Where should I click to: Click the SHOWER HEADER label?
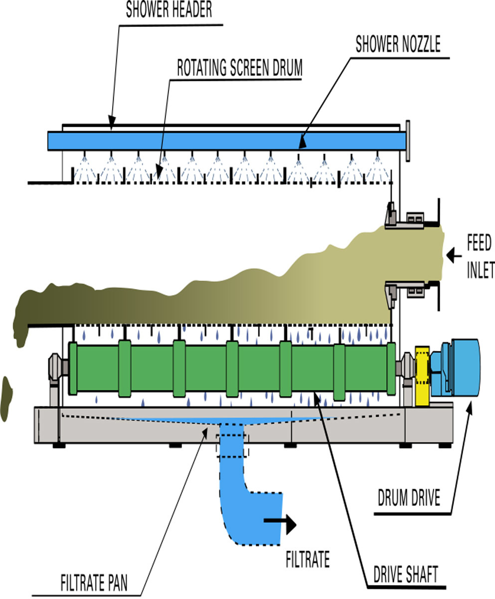coord(168,10)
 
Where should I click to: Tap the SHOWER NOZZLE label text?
coord(398,44)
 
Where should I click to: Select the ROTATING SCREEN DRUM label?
coord(240,68)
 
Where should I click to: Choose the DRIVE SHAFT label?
coord(406,575)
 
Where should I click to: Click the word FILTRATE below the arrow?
coord(308,560)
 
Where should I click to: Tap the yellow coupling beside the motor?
coord(422,374)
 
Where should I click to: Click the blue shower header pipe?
coord(224,140)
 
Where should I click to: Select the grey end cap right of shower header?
coord(408,140)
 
